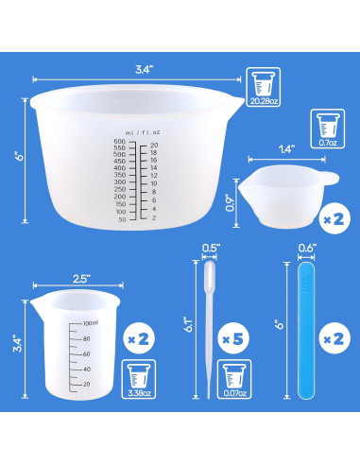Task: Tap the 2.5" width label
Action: click(78, 279)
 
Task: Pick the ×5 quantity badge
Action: click(229, 336)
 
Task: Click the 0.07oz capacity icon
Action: click(230, 381)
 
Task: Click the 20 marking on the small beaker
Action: click(86, 384)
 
